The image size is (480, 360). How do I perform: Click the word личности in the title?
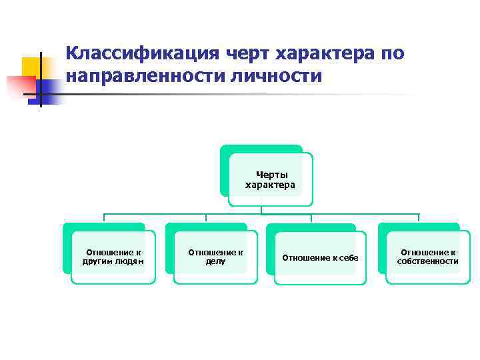[265, 76]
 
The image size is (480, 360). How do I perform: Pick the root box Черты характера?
[270, 179]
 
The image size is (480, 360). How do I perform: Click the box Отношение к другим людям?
[113, 257]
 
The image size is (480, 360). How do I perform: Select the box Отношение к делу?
[215, 257]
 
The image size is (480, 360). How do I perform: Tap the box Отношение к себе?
[320, 257]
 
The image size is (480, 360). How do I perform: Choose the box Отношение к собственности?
[428, 257]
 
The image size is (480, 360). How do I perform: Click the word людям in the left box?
[130, 261]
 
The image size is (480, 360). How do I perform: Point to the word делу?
[215, 261]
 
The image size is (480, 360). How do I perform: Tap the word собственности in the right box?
[428, 261]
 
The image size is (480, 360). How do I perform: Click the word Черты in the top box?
[270, 175]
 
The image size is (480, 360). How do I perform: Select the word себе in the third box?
[349, 257]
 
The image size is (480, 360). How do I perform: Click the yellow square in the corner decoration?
[31, 67]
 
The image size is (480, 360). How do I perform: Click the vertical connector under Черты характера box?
[261, 209]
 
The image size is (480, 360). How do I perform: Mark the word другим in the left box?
[95, 261]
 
